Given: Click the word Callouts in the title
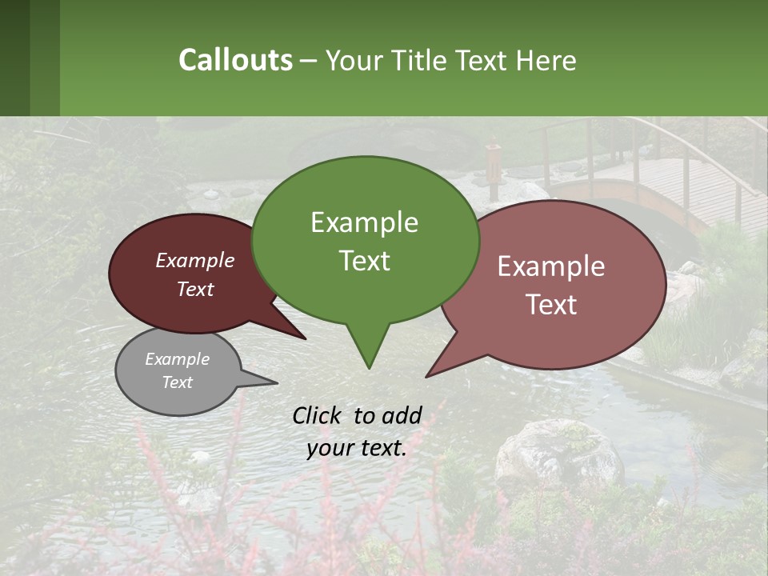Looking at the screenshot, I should click(x=235, y=60).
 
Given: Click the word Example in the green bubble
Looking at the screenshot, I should click(x=364, y=222).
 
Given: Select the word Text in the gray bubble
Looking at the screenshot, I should click(x=178, y=382).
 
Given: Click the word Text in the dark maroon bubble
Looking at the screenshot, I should click(x=195, y=290).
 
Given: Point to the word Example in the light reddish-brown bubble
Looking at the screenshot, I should click(x=551, y=266).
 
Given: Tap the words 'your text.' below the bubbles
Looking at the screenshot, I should click(x=357, y=448).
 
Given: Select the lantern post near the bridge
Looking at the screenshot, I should click(x=493, y=170).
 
